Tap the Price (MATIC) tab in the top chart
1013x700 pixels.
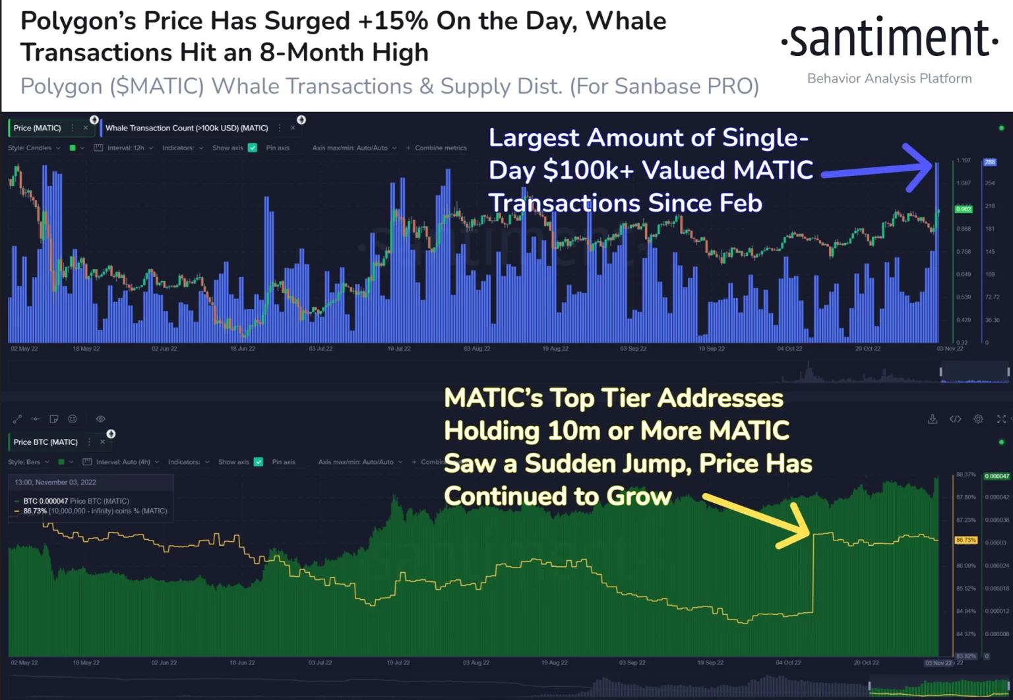pyautogui.click(x=37, y=128)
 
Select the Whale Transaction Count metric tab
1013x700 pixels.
pyautogui.click(x=187, y=128)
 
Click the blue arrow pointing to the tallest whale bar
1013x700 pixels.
pyautogui.click(x=877, y=169)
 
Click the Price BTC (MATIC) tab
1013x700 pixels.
pyautogui.click(x=46, y=442)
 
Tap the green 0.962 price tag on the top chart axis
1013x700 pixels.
pyautogui.click(x=964, y=209)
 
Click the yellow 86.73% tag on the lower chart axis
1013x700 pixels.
pyautogui.click(x=966, y=540)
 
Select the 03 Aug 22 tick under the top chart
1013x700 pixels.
pyautogui.click(x=477, y=349)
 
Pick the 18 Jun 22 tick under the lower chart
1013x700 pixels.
pyautogui.click(x=242, y=663)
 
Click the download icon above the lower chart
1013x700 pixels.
pyautogui.click(x=933, y=419)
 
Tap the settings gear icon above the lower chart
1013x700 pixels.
pyautogui.click(x=978, y=419)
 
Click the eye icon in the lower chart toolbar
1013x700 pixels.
pyautogui.click(x=100, y=419)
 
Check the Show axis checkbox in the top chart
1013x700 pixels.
pyautogui.click(x=253, y=148)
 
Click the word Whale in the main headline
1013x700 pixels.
pyautogui.click(x=626, y=21)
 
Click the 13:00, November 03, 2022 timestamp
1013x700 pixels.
pyautogui.click(x=55, y=482)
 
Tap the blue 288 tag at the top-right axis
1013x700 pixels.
pyautogui.click(x=990, y=162)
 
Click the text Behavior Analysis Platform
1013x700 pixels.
pyautogui.click(x=889, y=78)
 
